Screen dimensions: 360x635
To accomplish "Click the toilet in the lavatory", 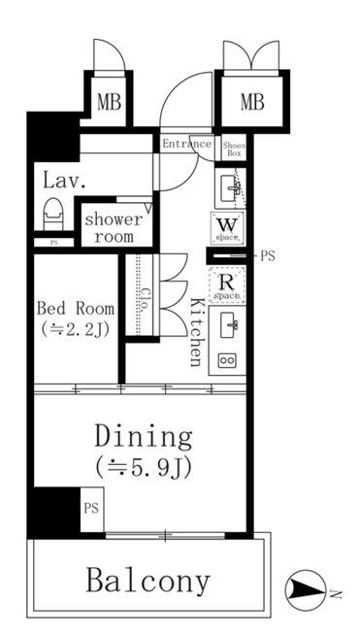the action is tap(54, 214).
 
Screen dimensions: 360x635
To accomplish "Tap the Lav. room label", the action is tap(64, 181).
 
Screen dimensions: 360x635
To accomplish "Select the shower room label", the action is tap(114, 228).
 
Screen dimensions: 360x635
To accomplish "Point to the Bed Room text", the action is tap(76, 309).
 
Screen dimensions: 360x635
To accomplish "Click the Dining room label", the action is tap(144, 437).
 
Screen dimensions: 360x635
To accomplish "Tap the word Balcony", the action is tap(148, 581).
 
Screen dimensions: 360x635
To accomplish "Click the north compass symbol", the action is tap(306, 590).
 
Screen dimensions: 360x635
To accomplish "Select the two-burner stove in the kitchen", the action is tap(227, 360).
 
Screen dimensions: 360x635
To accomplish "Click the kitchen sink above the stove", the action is tap(229, 325).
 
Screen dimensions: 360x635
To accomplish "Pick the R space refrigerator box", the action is tap(227, 284).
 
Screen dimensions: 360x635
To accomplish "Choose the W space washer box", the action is tap(227, 228).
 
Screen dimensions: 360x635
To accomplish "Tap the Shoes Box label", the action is tap(234, 150).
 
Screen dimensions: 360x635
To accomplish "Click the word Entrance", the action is tap(186, 144).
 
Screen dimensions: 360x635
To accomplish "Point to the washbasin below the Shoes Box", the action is tap(230, 188).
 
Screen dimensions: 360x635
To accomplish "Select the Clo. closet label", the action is tap(146, 299).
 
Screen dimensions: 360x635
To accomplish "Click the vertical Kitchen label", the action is tap(196, 332).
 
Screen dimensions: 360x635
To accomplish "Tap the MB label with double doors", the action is tap(252, 102).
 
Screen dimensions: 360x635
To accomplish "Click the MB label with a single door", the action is tap(110, 102).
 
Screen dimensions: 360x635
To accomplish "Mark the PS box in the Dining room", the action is tap(92, 510).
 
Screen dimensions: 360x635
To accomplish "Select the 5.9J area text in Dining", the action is tap(144, 469).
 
